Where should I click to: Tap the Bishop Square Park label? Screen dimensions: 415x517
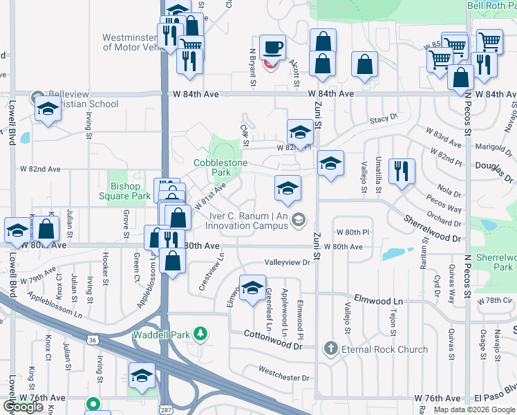pyautogui.click(x=131, y=191)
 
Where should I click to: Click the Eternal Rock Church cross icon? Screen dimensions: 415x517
pyautogui.click(x=331, y=349)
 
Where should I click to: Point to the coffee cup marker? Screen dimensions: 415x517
pyautogui.click(x=272, y=47)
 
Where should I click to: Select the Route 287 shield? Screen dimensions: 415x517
pyautogui.click(x=165, y=409)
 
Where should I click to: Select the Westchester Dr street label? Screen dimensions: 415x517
pyautogui.click(x=285, y=378)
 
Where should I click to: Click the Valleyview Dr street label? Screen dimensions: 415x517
pyautogui.click(x=288, y=263)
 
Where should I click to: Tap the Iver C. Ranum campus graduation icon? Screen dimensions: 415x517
pyautogui.click(x=299, y=219)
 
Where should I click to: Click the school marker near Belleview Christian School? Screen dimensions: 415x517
pyautogui.click(x=48, y=109)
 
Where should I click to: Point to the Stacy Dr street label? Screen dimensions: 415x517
pyautogui.click(x=384, y=118)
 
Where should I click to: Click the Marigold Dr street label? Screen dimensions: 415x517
pyautogui.click(x=488, y=147)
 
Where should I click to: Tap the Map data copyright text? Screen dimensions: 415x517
pyautogui.click(x=474, y=409)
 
